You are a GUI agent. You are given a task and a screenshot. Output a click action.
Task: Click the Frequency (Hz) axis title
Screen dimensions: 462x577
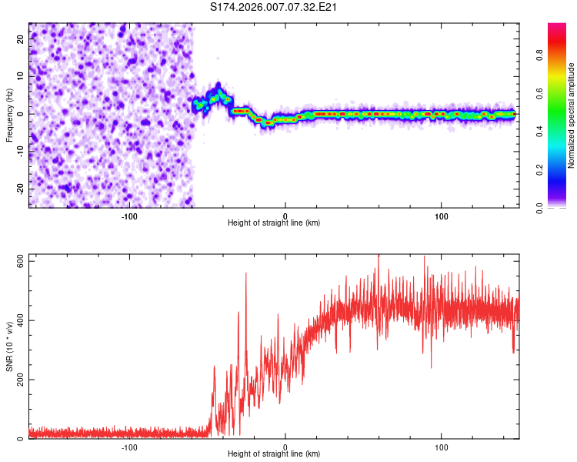[x=9, y=115]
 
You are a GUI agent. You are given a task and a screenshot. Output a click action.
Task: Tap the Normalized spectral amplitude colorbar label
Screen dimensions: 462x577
[x=572, y=115]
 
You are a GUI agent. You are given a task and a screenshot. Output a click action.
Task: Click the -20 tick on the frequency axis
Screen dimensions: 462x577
[x=22, y=189]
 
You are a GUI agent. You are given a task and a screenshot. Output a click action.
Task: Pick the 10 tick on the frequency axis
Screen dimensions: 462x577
[x=22, y=76]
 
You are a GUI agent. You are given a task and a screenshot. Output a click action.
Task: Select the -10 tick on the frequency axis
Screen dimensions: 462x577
[x=22, y=151]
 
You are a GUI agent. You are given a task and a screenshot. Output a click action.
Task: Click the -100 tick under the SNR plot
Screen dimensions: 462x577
[x=129, y=447]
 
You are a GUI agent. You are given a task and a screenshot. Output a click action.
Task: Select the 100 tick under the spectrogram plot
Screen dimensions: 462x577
[x=442, y=216]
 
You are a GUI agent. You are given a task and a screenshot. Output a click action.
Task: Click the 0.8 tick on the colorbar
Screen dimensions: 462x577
[x=540, y=55]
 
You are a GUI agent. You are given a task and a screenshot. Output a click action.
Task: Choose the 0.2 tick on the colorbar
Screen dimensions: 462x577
[x=540, y=169]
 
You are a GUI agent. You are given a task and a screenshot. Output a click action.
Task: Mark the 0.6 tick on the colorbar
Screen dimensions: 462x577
[x=540, y=93]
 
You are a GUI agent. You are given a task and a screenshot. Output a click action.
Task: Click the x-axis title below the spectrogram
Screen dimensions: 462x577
[x=274, y=223]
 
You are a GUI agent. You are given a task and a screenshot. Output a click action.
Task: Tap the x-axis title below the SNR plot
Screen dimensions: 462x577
[x=274, y=454]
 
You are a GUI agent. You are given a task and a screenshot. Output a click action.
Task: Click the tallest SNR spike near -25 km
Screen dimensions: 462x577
[x=246, y=273]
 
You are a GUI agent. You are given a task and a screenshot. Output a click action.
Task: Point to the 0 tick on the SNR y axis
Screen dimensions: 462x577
[x=22, y=439]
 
